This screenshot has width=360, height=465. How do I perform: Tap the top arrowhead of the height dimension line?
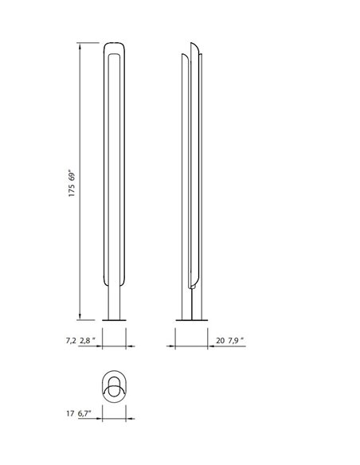pos(80,46)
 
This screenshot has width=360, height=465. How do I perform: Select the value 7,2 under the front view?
pos(71,340)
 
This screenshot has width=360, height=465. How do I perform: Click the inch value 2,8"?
pos(88,340)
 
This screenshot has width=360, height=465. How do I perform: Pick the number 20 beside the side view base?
pos(220,340)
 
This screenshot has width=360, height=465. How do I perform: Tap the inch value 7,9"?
pos(235,340)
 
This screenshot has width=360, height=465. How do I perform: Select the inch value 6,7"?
pos(85,413)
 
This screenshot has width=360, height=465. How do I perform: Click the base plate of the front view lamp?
pos(114,319)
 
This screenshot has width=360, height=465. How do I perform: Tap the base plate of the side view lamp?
pos(191,319)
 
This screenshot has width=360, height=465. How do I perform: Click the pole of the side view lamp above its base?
pos(191,305)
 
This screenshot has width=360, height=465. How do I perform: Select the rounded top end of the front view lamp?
pos(114,45)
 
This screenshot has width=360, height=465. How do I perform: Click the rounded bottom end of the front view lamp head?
pos(114,283)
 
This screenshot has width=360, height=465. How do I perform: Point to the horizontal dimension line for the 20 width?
pos(191,346)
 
